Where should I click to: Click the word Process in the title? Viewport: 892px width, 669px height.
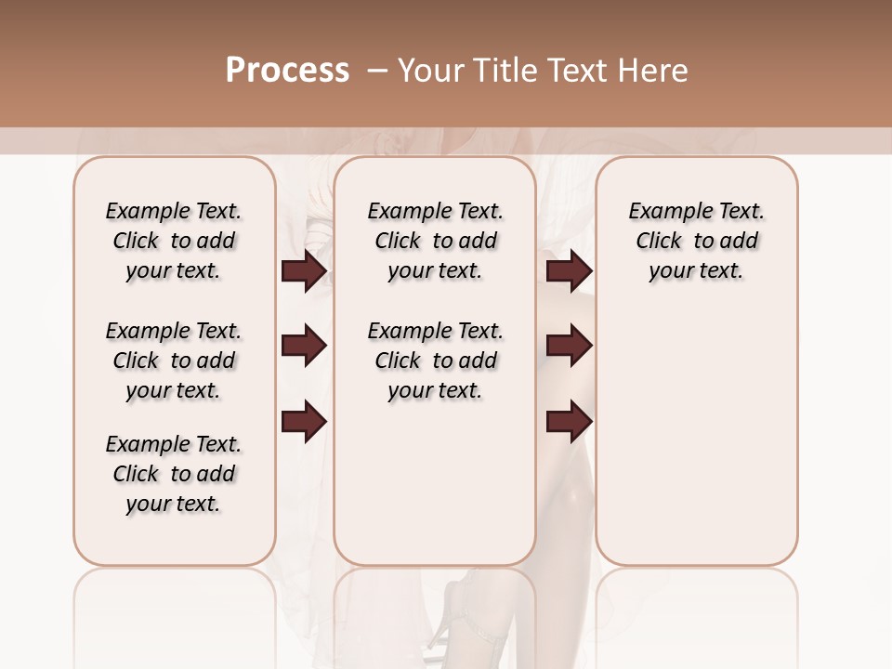[x=287, y=71]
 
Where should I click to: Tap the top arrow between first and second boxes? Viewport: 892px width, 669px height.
[x=304, y=271]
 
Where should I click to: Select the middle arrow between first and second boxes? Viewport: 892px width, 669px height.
[x=304, y=346]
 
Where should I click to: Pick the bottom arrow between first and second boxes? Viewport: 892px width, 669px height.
[x=304, y=421]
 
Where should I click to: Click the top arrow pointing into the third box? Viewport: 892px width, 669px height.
[x=569, y=271]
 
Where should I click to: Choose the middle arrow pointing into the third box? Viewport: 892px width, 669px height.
[x=569, y=346]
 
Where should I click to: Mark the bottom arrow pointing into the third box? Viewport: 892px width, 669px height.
[x=569, y=421]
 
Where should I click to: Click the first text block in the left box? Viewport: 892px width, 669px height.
[x=174, y=241]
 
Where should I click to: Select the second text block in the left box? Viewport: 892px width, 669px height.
[x=174, y=361]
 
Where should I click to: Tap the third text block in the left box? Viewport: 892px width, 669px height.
[x=174, y=474]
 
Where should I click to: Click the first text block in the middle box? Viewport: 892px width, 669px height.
[x=435, y=241]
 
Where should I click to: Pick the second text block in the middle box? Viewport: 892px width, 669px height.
[x=435, y=361]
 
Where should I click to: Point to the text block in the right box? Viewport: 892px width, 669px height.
[x=696, y=241]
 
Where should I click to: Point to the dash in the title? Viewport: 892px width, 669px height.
[x=376, y=72]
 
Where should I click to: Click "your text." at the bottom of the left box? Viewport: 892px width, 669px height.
[x=173, y=504]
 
